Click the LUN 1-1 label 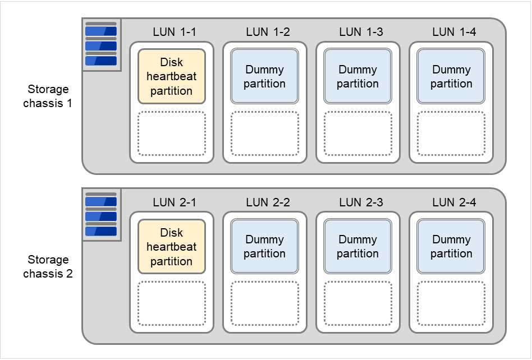coord(174,32)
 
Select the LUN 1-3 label coord(361,32)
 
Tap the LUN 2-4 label coord(454,202)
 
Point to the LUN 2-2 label coord(268,202)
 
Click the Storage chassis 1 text coord(48,96)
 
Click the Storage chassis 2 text coord(48,267)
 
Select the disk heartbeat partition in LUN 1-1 coord(172,76)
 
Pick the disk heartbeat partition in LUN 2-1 coord(172,246)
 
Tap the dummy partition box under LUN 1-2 coord(265,76)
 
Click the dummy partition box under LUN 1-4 coord(451,76)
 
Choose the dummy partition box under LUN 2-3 coord(358,246)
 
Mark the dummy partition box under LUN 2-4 coord(451,246)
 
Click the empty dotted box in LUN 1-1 coord(172,133)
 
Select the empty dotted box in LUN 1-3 coord(358,133)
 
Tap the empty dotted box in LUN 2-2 coord(265,303)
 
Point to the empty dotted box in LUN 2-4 coord(451,303)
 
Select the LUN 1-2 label coord(268,32)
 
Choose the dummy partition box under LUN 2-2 coord(265,246)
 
